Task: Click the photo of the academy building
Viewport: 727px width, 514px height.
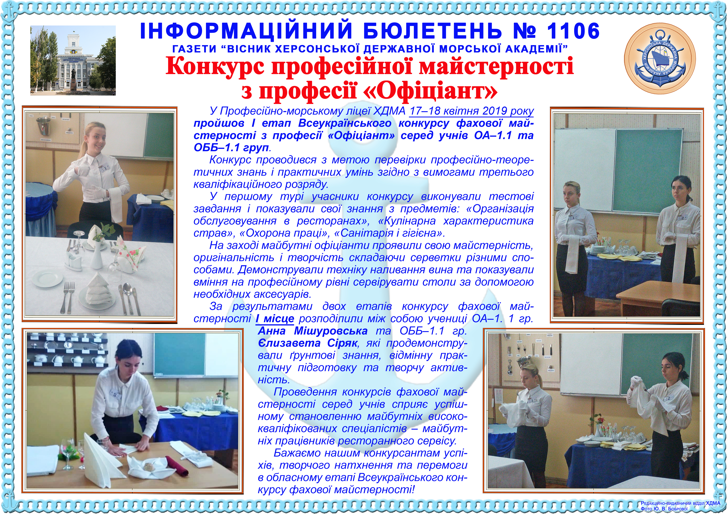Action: click(x=73, y=61)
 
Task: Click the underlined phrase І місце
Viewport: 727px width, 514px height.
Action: click(x=275, y=318)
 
